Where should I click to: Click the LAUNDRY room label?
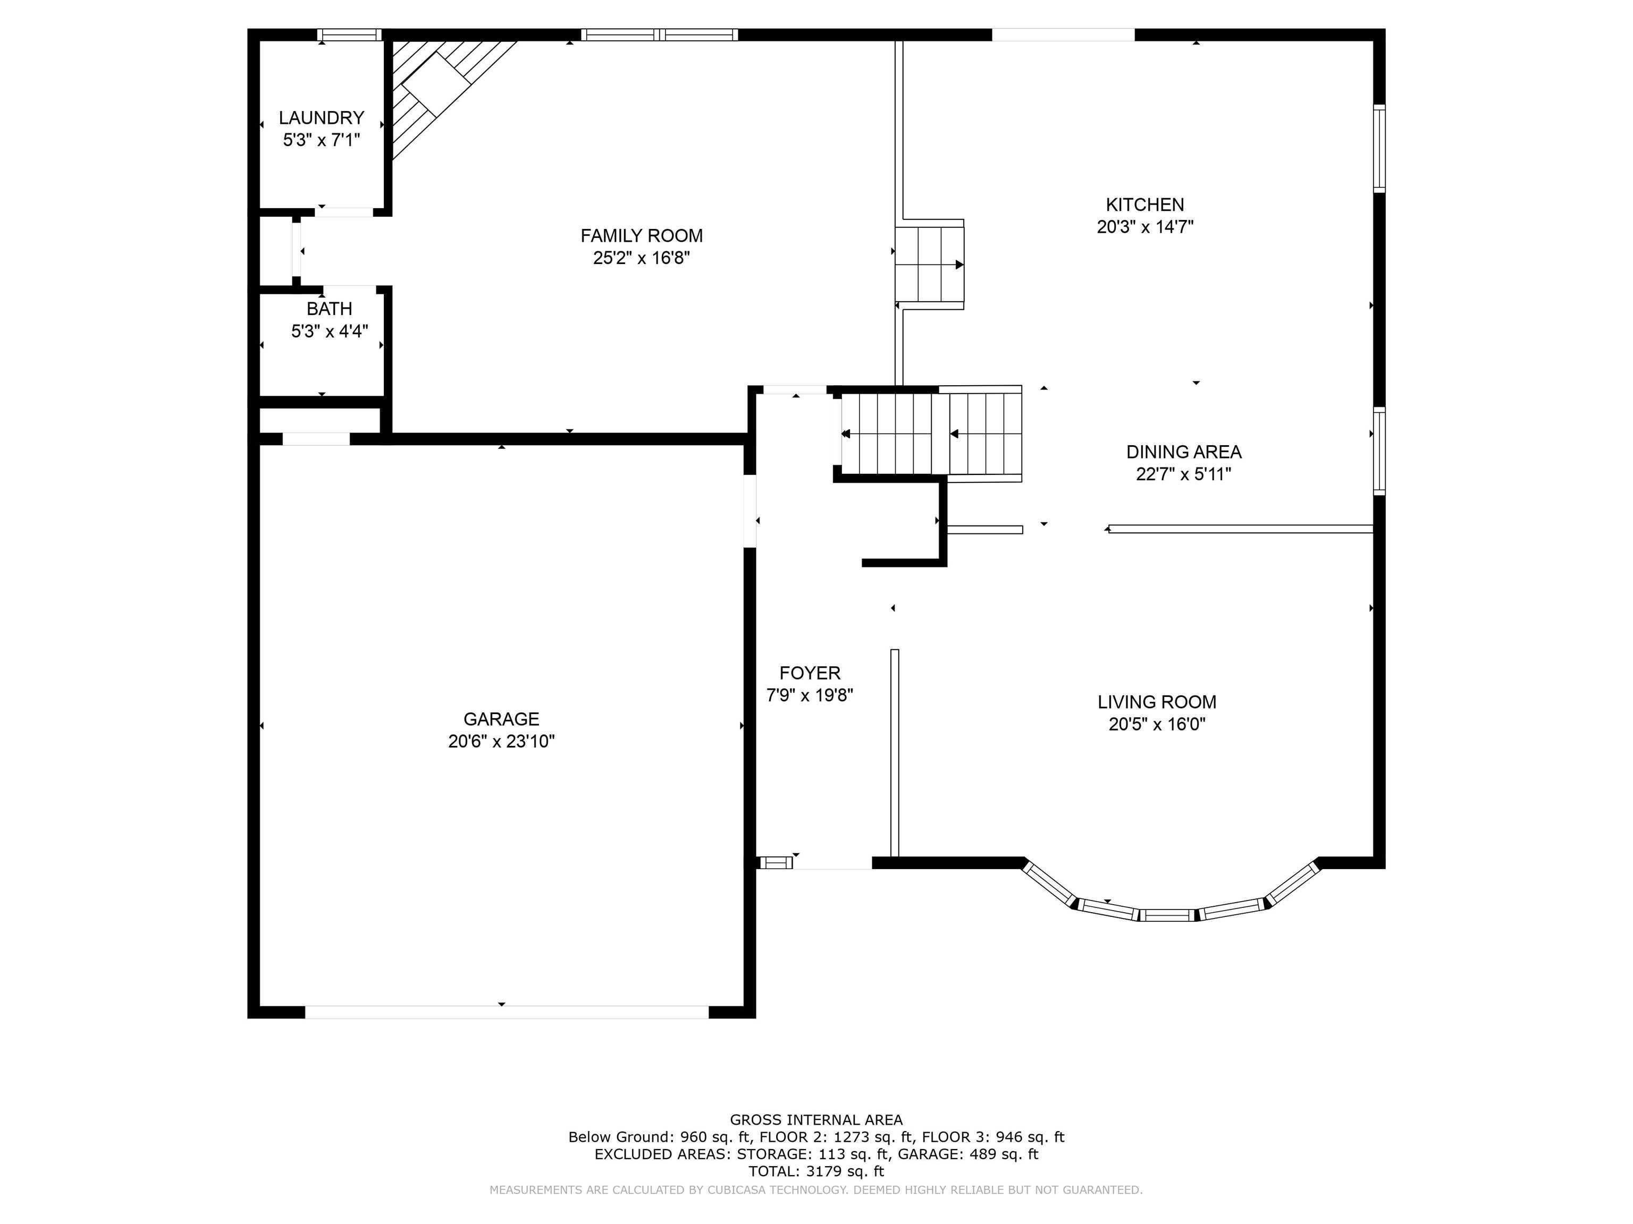[321, 117]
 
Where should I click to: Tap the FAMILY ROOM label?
[642, 235]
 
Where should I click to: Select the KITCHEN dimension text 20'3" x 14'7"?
[1145, 226]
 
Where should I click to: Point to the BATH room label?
[329, 309]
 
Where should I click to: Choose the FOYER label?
[810, 673]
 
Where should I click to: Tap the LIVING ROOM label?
[1157, 702]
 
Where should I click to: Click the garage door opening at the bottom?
[507, 1011]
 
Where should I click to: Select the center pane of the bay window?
[1167, 915]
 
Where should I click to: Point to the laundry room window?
[349, 34]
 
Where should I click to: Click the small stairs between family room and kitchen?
[929, 264]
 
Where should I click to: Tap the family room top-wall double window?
[659, 34]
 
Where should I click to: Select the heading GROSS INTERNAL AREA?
[816, 1120]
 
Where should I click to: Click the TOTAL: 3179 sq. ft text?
[816, 1171]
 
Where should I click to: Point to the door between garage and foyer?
[750, 511]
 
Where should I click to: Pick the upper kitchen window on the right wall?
[1379, 148]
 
